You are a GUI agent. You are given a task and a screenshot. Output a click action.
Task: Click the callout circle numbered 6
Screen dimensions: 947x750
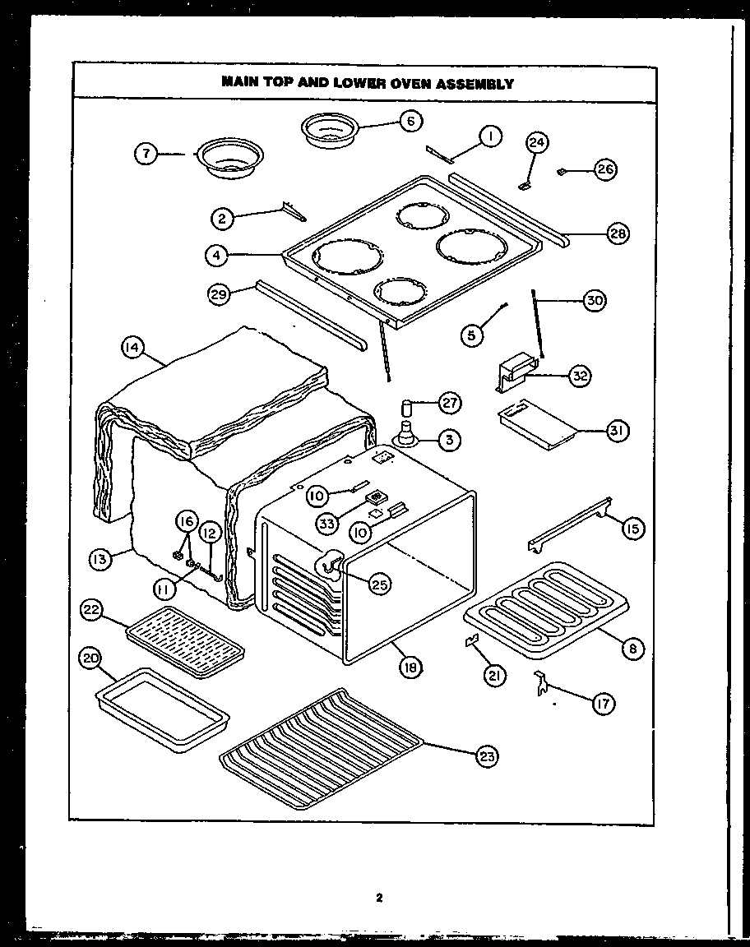pos(410,121)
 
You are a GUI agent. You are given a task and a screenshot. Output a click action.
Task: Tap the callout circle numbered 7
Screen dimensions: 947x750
pos(146,154)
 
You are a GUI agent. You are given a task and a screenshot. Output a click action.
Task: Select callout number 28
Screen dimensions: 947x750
pos(617,233)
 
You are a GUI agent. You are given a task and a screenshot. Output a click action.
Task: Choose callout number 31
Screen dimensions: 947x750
pos(617,431)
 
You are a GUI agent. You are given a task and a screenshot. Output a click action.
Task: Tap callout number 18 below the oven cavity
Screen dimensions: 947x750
pos(410,668)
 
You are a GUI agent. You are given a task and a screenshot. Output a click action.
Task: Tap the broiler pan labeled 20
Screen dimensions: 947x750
pos(161,709)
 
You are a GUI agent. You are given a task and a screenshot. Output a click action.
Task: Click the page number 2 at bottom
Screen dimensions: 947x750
pos(378,898)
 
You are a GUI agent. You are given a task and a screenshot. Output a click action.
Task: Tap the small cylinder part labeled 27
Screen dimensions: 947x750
pos(406,408)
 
